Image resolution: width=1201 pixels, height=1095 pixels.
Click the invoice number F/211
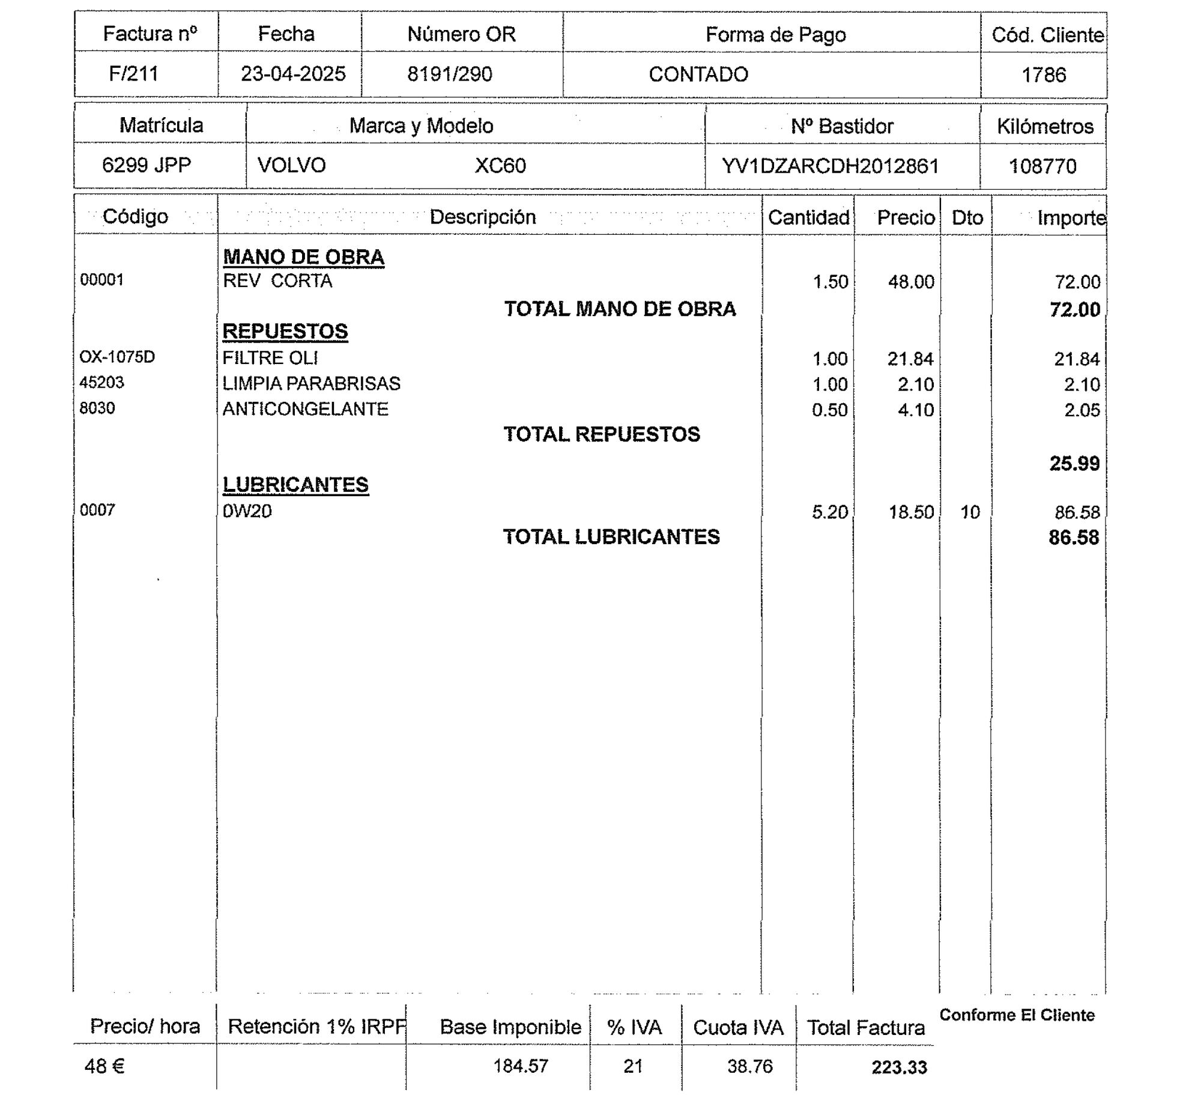point(133,74)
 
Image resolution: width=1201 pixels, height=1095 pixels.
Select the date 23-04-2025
point(293,74)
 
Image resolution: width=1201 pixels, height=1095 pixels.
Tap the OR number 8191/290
point(450,74)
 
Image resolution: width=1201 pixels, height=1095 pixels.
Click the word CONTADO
point(698,74)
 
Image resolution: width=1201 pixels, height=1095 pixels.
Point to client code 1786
point(1044,75)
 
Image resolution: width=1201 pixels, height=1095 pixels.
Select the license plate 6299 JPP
point(147,165)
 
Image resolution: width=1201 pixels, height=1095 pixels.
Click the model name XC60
point(500,166)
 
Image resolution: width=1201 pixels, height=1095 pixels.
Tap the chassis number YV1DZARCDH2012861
point(830,166)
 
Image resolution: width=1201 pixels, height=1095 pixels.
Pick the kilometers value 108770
point(1042,166)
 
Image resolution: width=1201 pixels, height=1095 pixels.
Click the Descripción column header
point(483,217)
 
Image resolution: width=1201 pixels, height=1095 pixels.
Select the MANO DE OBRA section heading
point(303,257)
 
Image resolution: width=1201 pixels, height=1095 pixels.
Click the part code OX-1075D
point(117,357)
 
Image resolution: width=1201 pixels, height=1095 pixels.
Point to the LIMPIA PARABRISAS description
point(311,383)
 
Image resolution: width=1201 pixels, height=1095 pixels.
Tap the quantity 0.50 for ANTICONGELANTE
point(830,410)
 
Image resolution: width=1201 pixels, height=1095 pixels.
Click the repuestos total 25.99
point(1074,464)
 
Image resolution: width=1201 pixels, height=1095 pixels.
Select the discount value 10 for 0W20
point(970,512)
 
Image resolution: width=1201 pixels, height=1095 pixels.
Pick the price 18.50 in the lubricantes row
point(911,512)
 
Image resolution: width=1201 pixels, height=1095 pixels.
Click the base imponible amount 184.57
point(521,1066)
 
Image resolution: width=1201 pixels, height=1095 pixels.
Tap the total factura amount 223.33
point(899,1067)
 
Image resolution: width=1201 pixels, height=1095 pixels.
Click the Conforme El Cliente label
point(1017,1015)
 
